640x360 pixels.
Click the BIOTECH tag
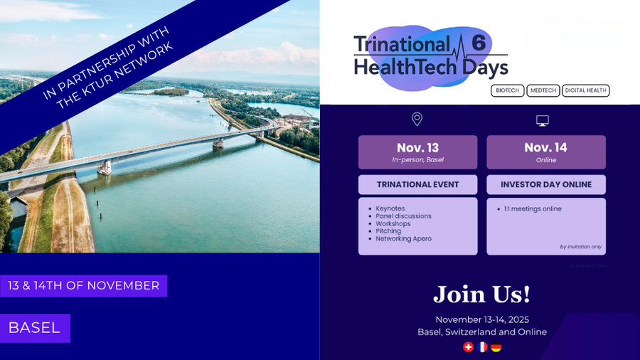coord(508,90)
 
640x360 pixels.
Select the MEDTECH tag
coord(543,90)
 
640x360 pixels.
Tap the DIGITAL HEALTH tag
coord(586,90)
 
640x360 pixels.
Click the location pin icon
coord(417,120)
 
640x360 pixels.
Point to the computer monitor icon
coord(543,120)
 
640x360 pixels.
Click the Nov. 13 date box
coord(417,152)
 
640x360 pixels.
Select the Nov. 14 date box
coord(546,152)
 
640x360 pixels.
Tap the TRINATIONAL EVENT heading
coord(417,184)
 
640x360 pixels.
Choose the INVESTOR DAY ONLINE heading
coord(546,184)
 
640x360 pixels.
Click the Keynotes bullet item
coord(390,208)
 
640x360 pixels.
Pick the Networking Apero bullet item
coord(403,238)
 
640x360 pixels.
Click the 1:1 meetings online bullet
coord(533,208)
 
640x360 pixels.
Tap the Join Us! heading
coord(481,294)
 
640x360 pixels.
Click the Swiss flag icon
coord(468,347)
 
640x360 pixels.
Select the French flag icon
coord(482,347)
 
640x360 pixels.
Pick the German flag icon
coord(496,347)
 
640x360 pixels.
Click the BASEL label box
coord(35,328)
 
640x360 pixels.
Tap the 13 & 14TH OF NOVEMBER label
coord(83,285)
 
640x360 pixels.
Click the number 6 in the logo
coord(479,42)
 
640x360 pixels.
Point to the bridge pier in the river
coord(105,166)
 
